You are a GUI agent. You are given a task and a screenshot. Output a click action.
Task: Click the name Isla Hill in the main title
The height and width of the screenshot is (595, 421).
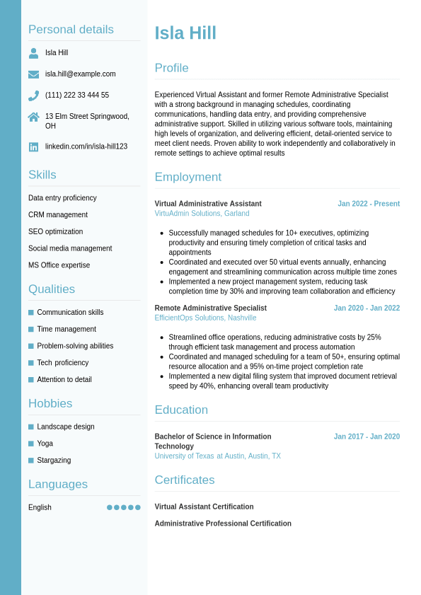click(x=185, y=33)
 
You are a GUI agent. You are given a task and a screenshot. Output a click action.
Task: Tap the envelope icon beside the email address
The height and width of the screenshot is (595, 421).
click(x=33, y=74)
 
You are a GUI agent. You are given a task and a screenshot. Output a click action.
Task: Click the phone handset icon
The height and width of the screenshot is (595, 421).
click(x=33, y=96)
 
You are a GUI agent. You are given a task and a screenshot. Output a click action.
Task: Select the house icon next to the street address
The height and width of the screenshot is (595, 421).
click(x=33, y=117)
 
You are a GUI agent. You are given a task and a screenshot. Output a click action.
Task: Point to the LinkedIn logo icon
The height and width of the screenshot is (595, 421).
click(x=33, y=147)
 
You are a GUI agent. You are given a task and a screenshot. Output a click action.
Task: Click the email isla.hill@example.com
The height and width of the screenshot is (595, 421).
click(x=80, y=74)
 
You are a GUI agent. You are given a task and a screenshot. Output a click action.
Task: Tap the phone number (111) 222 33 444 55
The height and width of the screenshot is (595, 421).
click(x=77, y=96)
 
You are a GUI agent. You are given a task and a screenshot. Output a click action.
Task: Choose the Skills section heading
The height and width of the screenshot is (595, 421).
click(x=42, y=175)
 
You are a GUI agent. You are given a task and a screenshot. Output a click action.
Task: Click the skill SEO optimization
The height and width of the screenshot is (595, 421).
click(x=55, y=232)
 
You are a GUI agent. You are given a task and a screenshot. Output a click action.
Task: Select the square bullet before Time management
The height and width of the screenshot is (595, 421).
click(x=31, y=330)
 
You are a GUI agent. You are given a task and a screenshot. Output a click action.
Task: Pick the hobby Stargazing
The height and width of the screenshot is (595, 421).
click(x=54, y=461)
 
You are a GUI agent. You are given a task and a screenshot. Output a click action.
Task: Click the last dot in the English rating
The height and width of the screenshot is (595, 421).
click(x=138, y=507)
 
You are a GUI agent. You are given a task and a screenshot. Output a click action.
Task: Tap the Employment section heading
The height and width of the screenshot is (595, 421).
click(x=188, y=177)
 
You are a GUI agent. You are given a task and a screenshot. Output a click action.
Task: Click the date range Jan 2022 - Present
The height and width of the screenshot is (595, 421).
click(x=368, y=204)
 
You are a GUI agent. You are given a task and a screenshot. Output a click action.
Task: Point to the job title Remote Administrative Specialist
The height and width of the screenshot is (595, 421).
click(x=210, y=308)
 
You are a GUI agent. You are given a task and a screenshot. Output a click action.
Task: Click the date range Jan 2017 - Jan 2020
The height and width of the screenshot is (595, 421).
click(x=367, y=437)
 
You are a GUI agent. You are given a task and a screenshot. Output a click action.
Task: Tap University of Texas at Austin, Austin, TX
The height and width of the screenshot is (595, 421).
click(x=217, y=456)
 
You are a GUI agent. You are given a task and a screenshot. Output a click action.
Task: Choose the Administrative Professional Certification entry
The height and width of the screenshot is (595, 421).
click(x=223, y=524)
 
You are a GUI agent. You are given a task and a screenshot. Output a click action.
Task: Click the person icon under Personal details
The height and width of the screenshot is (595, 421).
click(x=33, y=53)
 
